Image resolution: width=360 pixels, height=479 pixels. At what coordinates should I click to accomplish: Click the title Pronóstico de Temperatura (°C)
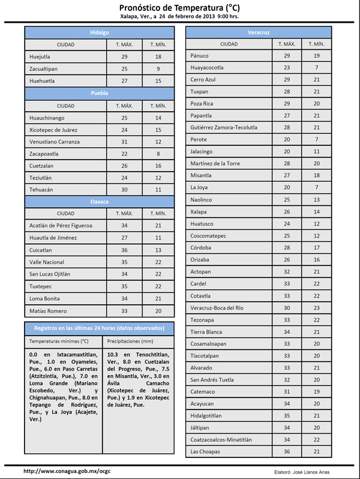tap(179, 7)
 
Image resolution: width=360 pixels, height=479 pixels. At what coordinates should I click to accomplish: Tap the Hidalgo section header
tap(100, 32)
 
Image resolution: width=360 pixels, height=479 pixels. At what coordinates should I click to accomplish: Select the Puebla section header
tap(100, 93)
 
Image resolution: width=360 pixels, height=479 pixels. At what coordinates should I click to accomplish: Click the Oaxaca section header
tap(100, 202)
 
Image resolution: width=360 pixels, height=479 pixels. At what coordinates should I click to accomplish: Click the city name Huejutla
tap(40, 56)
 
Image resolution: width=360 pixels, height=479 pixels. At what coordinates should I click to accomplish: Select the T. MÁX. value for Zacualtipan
tap(124, 68)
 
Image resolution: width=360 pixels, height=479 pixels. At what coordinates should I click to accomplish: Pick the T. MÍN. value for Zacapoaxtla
tap(158, 154)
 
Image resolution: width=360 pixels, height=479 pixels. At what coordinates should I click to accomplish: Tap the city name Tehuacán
tap(41, 190)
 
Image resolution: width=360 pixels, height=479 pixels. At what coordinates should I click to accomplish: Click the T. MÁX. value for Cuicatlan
tap(124, 250)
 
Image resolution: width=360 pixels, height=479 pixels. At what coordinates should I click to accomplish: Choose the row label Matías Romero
tap(48, 311)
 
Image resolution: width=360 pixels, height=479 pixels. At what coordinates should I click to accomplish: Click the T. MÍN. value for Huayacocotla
tap(316, 68)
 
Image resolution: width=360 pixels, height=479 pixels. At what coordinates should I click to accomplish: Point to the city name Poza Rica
tap(202, 104)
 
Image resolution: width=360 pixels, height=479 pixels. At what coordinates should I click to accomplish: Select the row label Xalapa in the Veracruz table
tap(198, 212)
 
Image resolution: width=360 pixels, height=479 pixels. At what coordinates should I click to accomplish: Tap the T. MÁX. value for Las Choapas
tap(287, 451)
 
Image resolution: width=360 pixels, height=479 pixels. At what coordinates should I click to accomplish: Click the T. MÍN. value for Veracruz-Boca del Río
tap(316, 308)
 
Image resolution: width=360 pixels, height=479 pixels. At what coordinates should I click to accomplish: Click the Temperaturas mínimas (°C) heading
tap(59, 341)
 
